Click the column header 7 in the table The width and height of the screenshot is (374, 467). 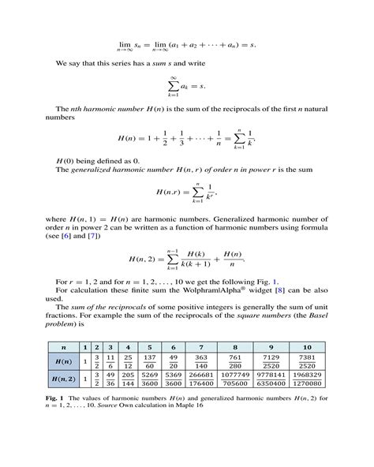(x=201, y=347)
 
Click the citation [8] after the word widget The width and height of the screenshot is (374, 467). (x=271, y=290)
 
